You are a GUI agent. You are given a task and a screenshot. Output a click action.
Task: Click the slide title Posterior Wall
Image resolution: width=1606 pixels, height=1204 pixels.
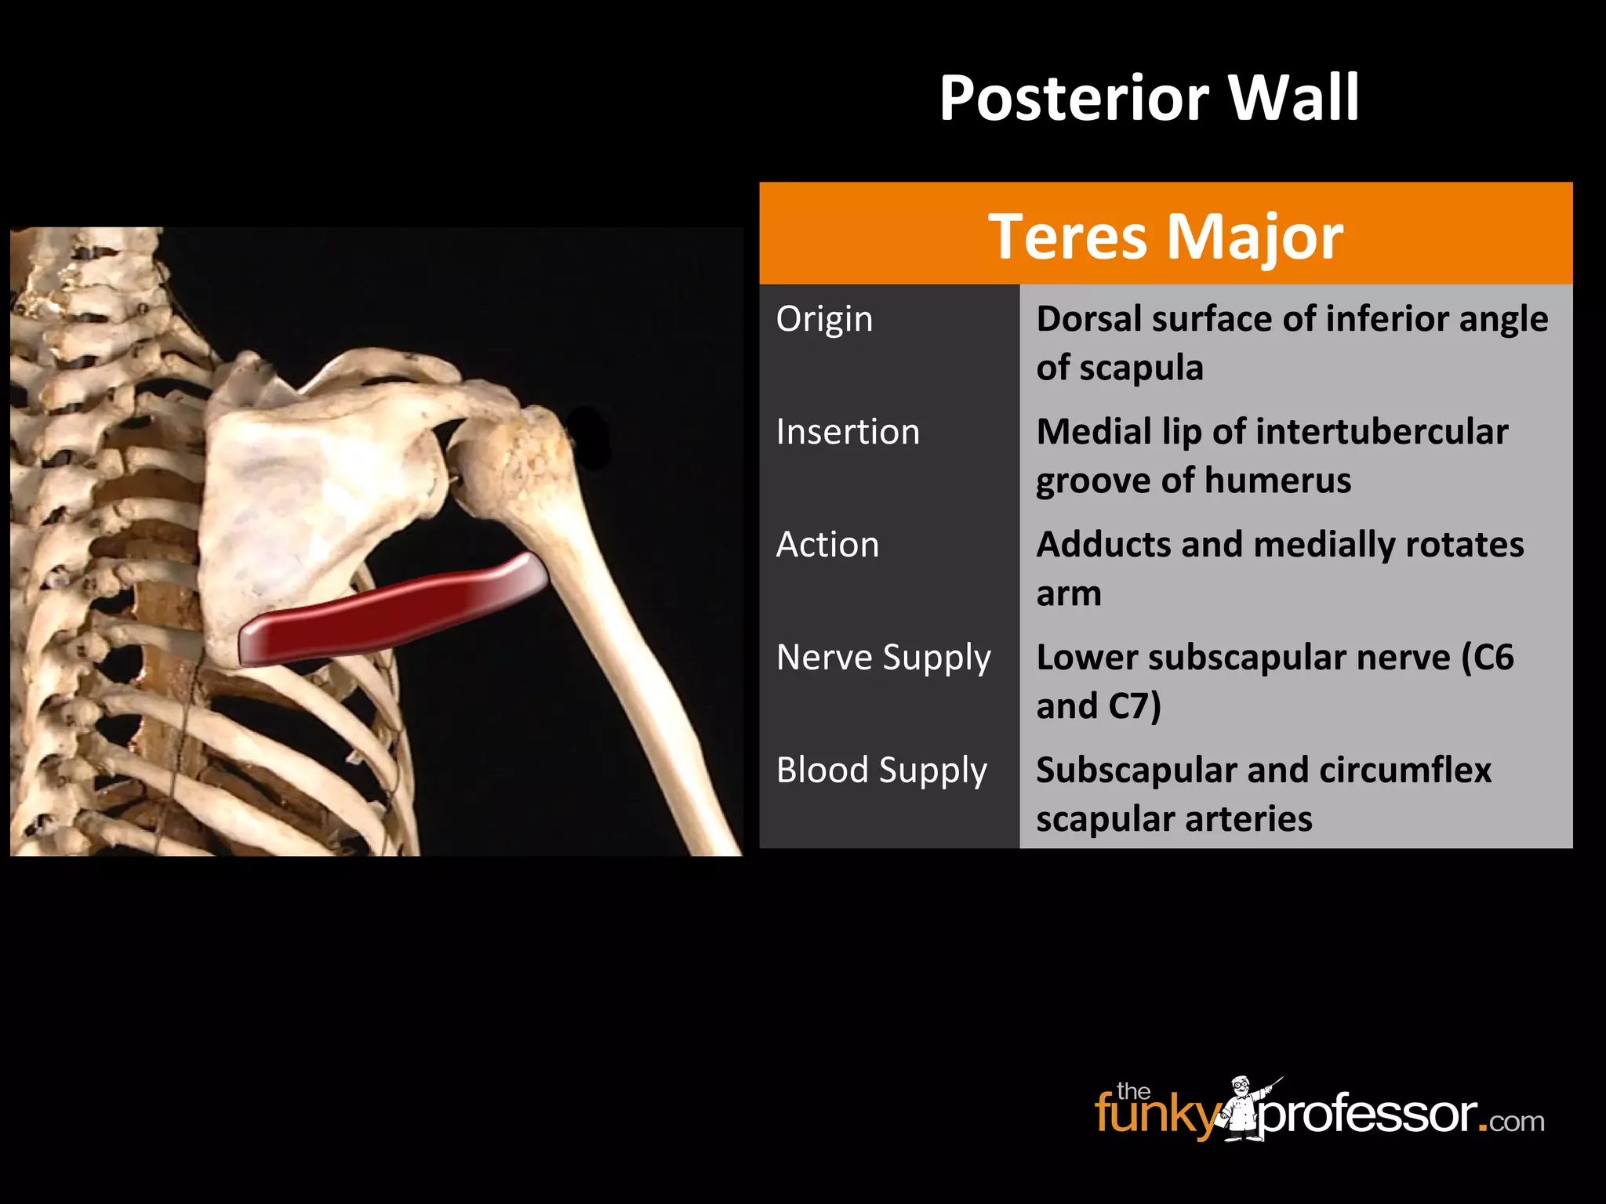pos(1149,98)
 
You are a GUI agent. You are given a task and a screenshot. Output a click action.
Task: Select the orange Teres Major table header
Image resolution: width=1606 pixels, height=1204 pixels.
pos(1165,235)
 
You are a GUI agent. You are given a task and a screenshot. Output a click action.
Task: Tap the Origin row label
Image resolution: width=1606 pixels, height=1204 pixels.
pos(824,320)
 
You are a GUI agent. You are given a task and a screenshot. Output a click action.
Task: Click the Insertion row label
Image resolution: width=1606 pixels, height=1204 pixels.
pos(848,432)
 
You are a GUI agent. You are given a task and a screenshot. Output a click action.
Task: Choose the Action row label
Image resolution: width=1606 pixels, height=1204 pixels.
pos(827,545)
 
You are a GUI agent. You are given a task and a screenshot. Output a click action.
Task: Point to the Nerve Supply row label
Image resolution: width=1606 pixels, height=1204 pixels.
pos(883,658)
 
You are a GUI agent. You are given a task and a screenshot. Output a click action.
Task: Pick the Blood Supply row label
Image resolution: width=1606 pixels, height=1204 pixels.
pos(881,771)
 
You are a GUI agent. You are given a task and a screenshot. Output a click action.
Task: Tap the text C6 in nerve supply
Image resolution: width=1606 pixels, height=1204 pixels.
pos(1493,658)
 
